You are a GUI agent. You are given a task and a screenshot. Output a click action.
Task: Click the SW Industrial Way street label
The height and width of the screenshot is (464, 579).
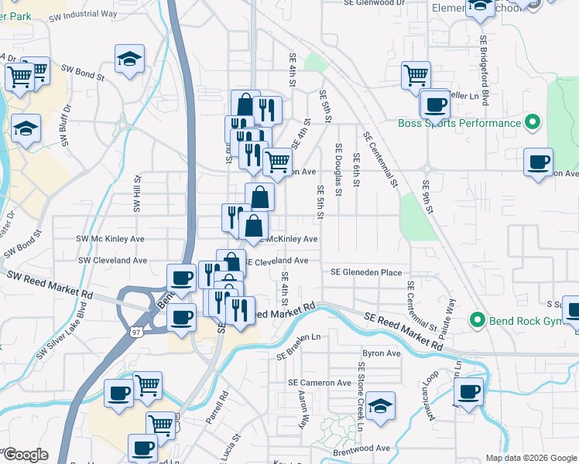(x=86, y=14)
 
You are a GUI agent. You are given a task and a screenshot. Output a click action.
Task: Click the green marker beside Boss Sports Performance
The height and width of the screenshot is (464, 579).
(x=533, y=122)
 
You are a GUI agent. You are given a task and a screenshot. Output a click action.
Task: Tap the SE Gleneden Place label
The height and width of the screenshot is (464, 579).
(x=366, y=272)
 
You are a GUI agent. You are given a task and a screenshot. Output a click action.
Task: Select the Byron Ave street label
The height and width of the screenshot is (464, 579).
(x=382, y=353)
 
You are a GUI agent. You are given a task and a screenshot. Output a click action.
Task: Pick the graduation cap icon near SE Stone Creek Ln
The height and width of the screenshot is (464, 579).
(x=380, y=405)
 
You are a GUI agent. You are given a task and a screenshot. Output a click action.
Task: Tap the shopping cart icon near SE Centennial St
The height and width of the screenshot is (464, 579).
(x=416, y=75)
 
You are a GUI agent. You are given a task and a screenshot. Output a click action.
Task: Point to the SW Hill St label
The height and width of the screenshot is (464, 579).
(x=137, y=193)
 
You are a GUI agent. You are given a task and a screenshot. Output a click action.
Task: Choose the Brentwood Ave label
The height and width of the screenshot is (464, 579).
(x=362, y=449)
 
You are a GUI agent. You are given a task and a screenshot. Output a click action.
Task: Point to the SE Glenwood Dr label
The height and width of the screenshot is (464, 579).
(x=375, y=3)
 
